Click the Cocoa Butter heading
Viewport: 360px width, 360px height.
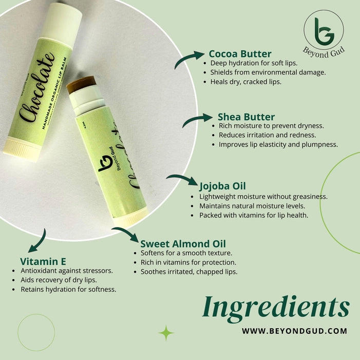[x=240, y=54]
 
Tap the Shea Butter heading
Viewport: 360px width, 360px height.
[x=246, y=117]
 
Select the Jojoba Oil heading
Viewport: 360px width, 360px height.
[x=222, y=186]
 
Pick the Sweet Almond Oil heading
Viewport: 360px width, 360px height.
[x=183, y=244]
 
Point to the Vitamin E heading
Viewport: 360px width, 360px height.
[x=43, y=261]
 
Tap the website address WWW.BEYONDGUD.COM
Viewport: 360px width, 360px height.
[x=295, y=331]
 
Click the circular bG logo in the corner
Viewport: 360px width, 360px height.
[x=324, y=33]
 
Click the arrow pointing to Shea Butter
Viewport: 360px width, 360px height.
[x=195, y=119]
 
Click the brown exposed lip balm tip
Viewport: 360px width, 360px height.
[x=81, y=84]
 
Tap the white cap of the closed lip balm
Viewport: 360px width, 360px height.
[x=61, y=22]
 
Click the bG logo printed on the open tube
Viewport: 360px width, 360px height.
[x=105, y=163]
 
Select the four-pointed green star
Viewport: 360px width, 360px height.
[x=166, y=333]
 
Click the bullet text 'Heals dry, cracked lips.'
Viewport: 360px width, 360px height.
[x=245, y=82]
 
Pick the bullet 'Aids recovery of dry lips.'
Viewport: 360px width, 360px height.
[x=59, y=280]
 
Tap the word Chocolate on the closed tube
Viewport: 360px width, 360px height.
[x=37, y=87]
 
